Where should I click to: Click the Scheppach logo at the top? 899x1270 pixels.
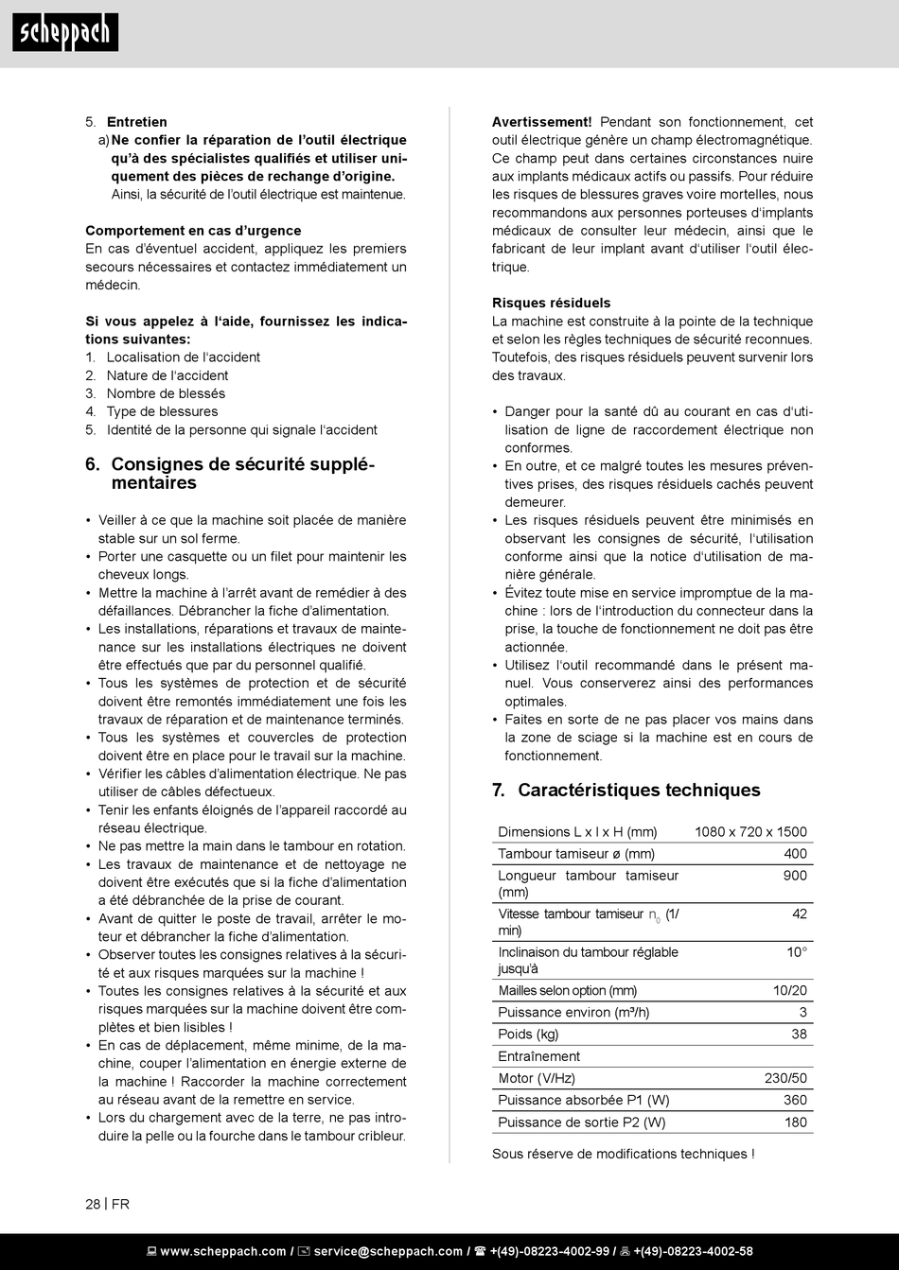coord(65,33)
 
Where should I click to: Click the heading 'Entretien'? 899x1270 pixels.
coord(136,122)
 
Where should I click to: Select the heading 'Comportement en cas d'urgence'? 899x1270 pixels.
coord(193,231)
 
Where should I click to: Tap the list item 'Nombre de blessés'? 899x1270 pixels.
coord(166,393)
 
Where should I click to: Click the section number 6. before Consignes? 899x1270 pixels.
coord(93,464)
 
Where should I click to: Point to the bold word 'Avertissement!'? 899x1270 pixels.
coord(541,122)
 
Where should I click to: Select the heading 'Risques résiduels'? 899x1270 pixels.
coord(551,304)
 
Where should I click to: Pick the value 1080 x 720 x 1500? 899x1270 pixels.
coord(750,832)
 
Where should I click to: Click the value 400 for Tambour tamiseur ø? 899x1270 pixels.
coord(795,854)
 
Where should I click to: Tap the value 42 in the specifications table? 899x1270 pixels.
coord(800,913)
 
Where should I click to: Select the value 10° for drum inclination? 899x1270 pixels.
coord(797,952)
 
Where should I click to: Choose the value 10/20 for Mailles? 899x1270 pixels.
coord(790,991)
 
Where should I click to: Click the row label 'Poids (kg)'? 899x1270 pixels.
coord(528,1035)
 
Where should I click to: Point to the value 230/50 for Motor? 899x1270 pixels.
coord(785,1078)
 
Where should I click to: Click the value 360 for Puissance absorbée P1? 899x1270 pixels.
coord(795,1100)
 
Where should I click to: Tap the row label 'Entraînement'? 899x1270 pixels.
coord(538,1056)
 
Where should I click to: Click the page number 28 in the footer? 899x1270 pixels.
coord(93,1204)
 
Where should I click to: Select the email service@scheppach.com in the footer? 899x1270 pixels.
coord(388,1251)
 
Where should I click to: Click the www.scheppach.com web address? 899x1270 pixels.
coord(222,1251)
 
